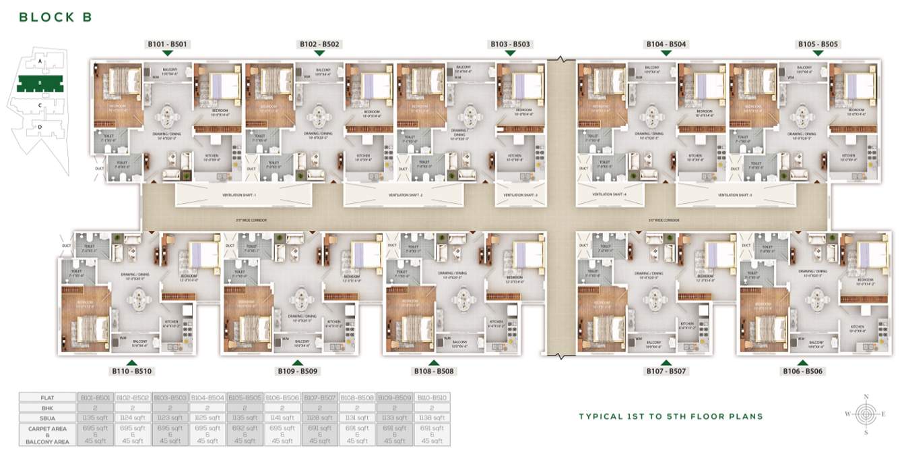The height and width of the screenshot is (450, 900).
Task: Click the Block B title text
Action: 56,17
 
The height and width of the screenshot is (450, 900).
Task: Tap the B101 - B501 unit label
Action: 168,45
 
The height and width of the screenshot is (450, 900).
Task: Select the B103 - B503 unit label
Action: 511,45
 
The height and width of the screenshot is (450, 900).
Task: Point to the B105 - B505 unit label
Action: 818,45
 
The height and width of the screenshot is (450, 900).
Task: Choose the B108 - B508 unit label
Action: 434,371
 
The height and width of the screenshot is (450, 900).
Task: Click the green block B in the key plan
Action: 40,84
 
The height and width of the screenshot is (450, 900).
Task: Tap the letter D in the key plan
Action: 40,127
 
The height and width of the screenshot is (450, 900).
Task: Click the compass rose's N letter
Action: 866,397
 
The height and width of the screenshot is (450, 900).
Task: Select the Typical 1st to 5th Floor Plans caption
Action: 671,416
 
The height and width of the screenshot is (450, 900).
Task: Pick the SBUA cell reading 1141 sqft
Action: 282,418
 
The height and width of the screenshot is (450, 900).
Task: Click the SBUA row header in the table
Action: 47,418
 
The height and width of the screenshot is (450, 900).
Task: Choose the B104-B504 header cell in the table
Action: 207,398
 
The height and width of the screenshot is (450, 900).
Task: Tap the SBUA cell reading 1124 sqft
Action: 132,418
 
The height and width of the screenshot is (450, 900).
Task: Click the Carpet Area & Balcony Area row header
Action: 47,435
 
